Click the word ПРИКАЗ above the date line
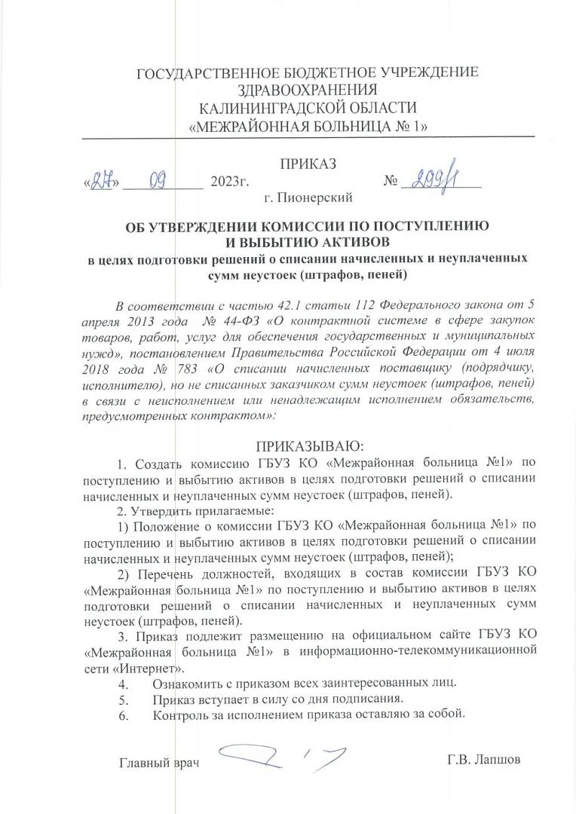308,165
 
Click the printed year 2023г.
229,182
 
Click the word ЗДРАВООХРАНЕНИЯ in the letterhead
307,90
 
